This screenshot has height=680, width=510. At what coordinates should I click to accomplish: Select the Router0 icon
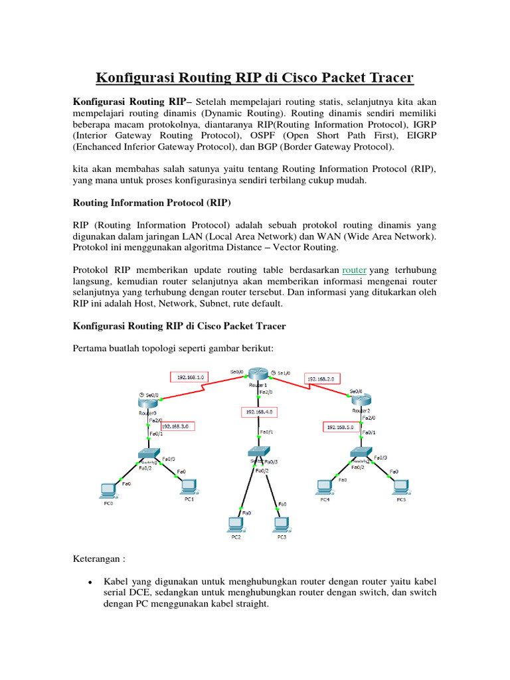[x=148, y=402]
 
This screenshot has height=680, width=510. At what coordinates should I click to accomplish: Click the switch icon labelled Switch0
[x=148, y=454]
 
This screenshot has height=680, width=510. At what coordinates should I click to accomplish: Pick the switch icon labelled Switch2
[x=363, y=454]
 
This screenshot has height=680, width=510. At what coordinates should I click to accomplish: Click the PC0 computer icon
[x=108, y=490]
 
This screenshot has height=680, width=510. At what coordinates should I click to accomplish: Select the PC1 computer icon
[x=189, y=487]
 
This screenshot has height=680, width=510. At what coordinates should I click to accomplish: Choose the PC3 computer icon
[x=281, y=524]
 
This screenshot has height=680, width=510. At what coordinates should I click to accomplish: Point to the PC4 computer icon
[x=325, y=487]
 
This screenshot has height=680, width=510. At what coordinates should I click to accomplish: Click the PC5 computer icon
[x=400, y=487]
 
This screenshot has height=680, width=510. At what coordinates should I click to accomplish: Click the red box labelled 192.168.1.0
[x=190, y=377]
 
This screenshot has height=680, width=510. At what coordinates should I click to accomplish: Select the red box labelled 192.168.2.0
[x=323, y=379]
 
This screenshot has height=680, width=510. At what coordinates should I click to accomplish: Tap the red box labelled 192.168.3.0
[x=177, y=426]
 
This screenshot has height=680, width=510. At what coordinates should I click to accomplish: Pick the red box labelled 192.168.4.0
[x=258, y=412]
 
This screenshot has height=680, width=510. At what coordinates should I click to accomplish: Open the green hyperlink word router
[x=355, y=270]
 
